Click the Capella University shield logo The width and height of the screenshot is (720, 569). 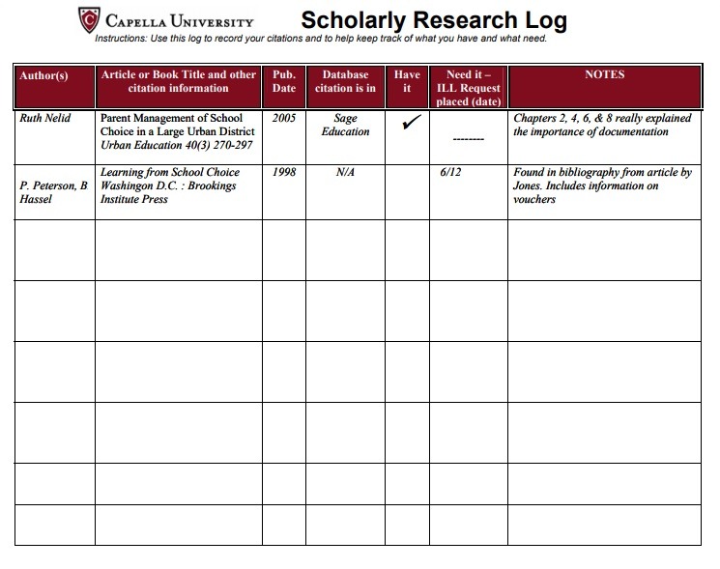89,18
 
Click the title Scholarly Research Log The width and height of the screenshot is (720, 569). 434,20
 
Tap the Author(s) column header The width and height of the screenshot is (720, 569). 43,75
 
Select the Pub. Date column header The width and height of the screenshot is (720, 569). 284,81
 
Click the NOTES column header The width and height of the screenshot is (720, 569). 605,74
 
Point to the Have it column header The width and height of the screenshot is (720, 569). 407,81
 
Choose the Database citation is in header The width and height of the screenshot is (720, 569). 345,81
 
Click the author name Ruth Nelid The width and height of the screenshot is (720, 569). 45,119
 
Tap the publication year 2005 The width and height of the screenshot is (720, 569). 283,119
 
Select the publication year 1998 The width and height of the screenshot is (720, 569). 283,173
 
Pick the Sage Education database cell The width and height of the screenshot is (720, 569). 345,125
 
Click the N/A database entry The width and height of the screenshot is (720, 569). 345,173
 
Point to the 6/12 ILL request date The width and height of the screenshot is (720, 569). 450,173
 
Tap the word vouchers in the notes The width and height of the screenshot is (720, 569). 534,200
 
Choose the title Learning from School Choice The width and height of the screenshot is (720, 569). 170,173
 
